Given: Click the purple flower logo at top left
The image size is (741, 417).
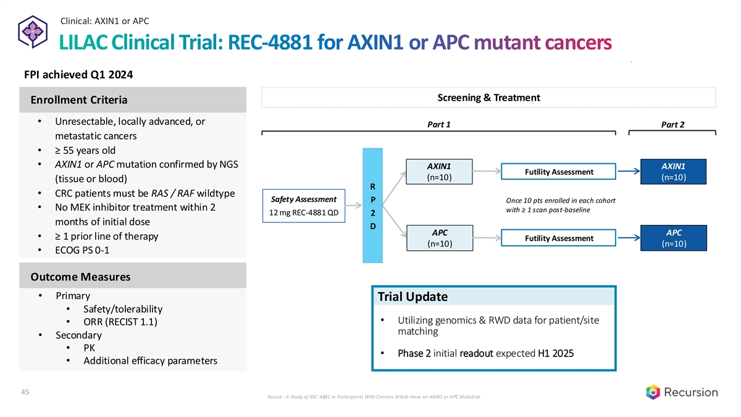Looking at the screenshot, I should [x=31, y=32].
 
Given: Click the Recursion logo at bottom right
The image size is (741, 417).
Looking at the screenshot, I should [x=682, y=392].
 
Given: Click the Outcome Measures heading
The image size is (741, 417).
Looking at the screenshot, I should [x=76, y=277].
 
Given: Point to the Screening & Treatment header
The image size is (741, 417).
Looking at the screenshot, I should [x=488, y=98].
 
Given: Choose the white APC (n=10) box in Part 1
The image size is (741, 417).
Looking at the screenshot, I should [x=439, y=238].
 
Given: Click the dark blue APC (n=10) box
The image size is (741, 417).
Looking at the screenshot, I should [x=674, y=238].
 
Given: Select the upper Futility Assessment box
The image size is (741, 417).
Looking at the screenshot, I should [x=559, y=172].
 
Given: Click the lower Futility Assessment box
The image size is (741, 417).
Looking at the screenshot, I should [x=559, y=238].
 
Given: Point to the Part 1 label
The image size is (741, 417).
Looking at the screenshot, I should [x=438, y=124].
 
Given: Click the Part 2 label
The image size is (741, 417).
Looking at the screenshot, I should [x=672, y=124].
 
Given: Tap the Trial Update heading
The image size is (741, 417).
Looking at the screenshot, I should [x=412, y=297].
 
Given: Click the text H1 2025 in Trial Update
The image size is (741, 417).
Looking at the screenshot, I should [x=556, y=353].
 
